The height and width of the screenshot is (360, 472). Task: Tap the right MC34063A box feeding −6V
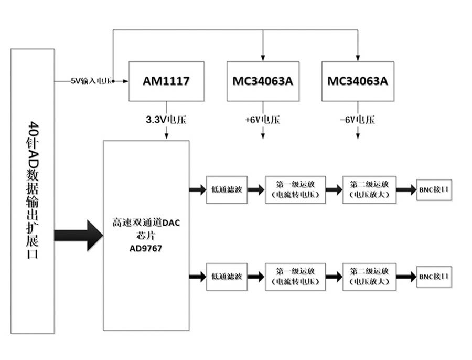click(357, 81)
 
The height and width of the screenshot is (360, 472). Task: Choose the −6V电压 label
click(357, 120)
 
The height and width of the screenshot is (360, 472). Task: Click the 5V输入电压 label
click(92, 81)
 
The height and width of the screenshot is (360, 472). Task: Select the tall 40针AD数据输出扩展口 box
click(33, 191)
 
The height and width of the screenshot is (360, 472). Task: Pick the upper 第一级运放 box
click(295, 189)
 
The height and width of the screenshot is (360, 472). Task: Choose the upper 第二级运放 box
click(369, 189)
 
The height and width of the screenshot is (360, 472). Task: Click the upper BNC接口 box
click(434, 189)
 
